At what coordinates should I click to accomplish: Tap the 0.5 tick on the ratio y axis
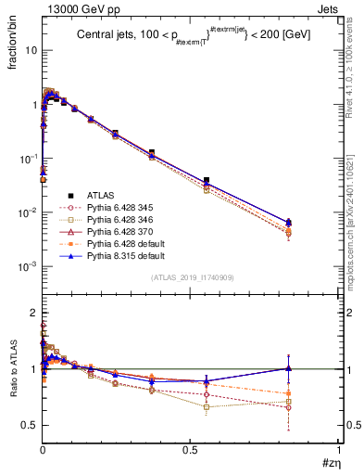coord(31,425)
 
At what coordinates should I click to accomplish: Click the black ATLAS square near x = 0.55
coord(207,180)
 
